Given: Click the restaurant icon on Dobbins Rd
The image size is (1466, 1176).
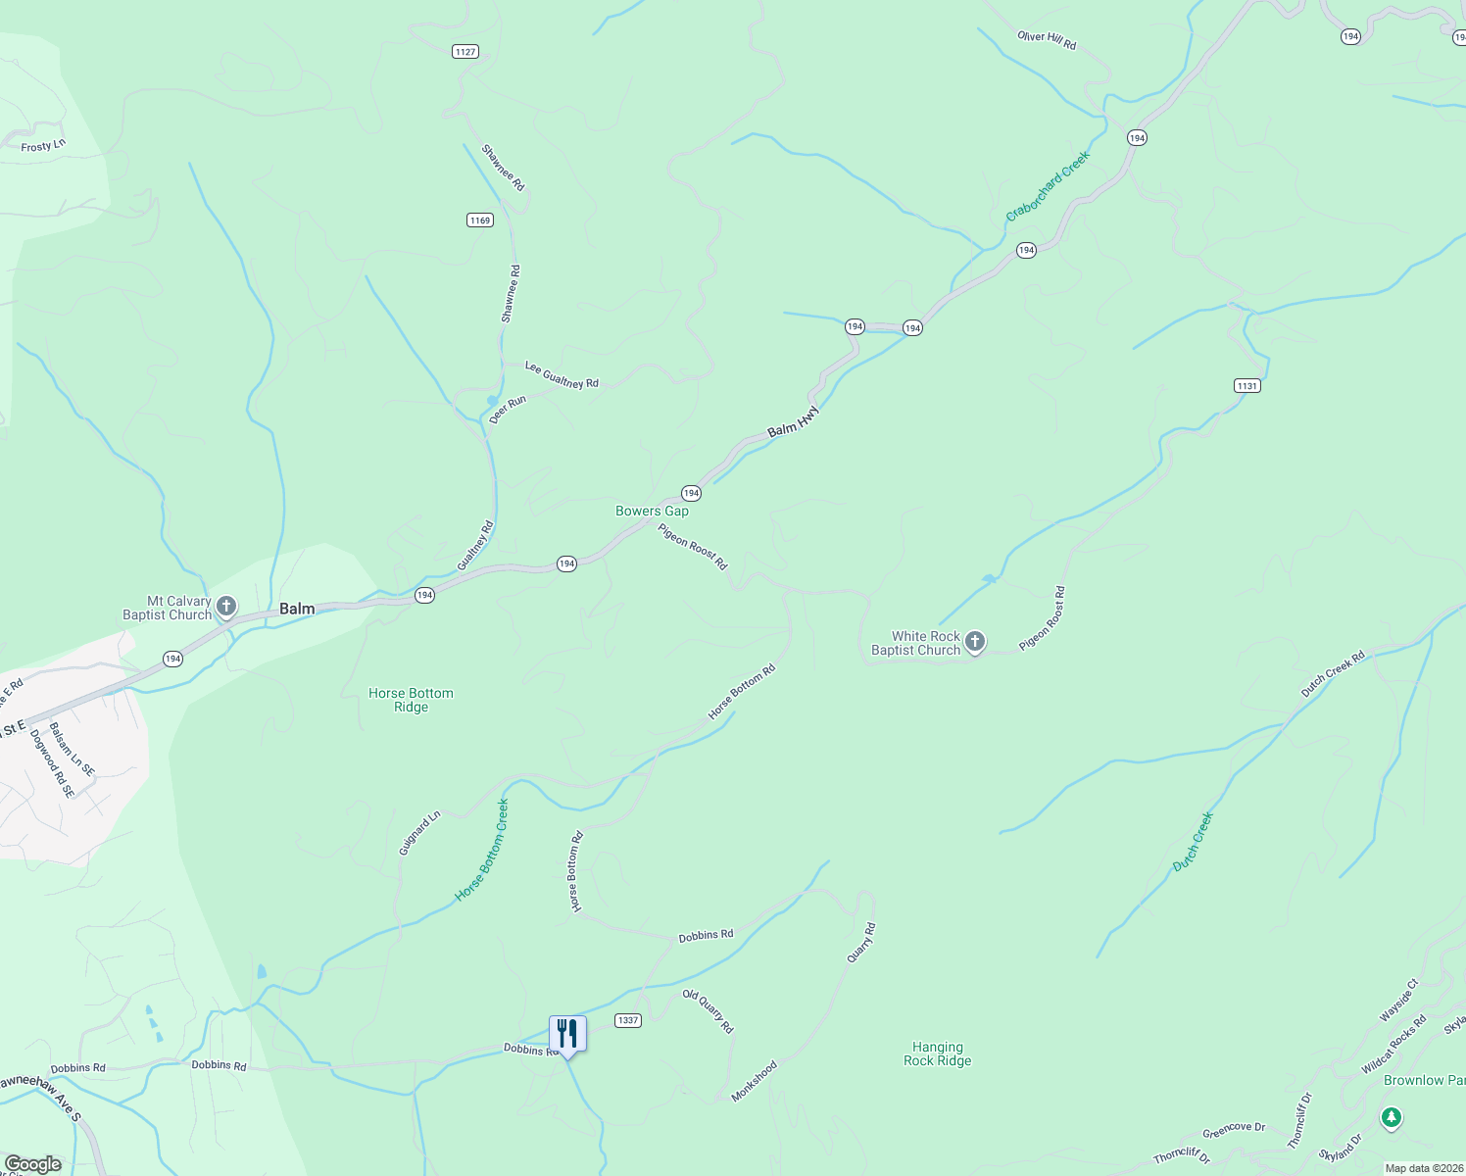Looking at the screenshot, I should pos(567,1034).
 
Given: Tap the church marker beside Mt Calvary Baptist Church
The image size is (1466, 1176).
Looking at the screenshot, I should pos(226,608).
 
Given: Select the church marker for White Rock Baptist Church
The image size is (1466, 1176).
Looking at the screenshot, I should pos(975,642).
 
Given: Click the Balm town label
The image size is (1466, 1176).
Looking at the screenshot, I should pos(297,609).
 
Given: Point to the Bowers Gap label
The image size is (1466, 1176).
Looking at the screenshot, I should pos(652,511).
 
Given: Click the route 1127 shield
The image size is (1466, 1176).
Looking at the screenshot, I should pos(465,52).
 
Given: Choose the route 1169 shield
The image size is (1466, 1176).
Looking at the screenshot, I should pos(479,220).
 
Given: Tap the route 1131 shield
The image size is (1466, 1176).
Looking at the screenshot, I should pos(1246,386).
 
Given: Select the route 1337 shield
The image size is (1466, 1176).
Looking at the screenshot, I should pos(628,1020).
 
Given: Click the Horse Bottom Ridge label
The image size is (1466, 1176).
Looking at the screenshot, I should pos(411,700).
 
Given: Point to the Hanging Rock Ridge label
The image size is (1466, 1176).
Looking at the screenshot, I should pos(938,1053).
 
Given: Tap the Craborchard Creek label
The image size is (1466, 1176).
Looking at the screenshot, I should pos(1048,186).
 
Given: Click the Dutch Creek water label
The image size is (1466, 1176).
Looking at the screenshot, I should pos(1194,842).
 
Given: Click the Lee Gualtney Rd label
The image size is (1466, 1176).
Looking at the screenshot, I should pos(562,375).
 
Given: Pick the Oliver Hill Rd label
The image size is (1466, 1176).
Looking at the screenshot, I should pos(1047,40).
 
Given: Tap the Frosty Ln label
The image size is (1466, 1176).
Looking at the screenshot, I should pos(43,146).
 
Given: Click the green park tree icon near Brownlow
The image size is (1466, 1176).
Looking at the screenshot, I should pos(1391,1117).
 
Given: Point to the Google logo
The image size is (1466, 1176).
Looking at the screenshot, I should pos(32,1164).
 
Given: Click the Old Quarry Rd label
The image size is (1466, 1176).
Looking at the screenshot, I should pos(708,1011).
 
